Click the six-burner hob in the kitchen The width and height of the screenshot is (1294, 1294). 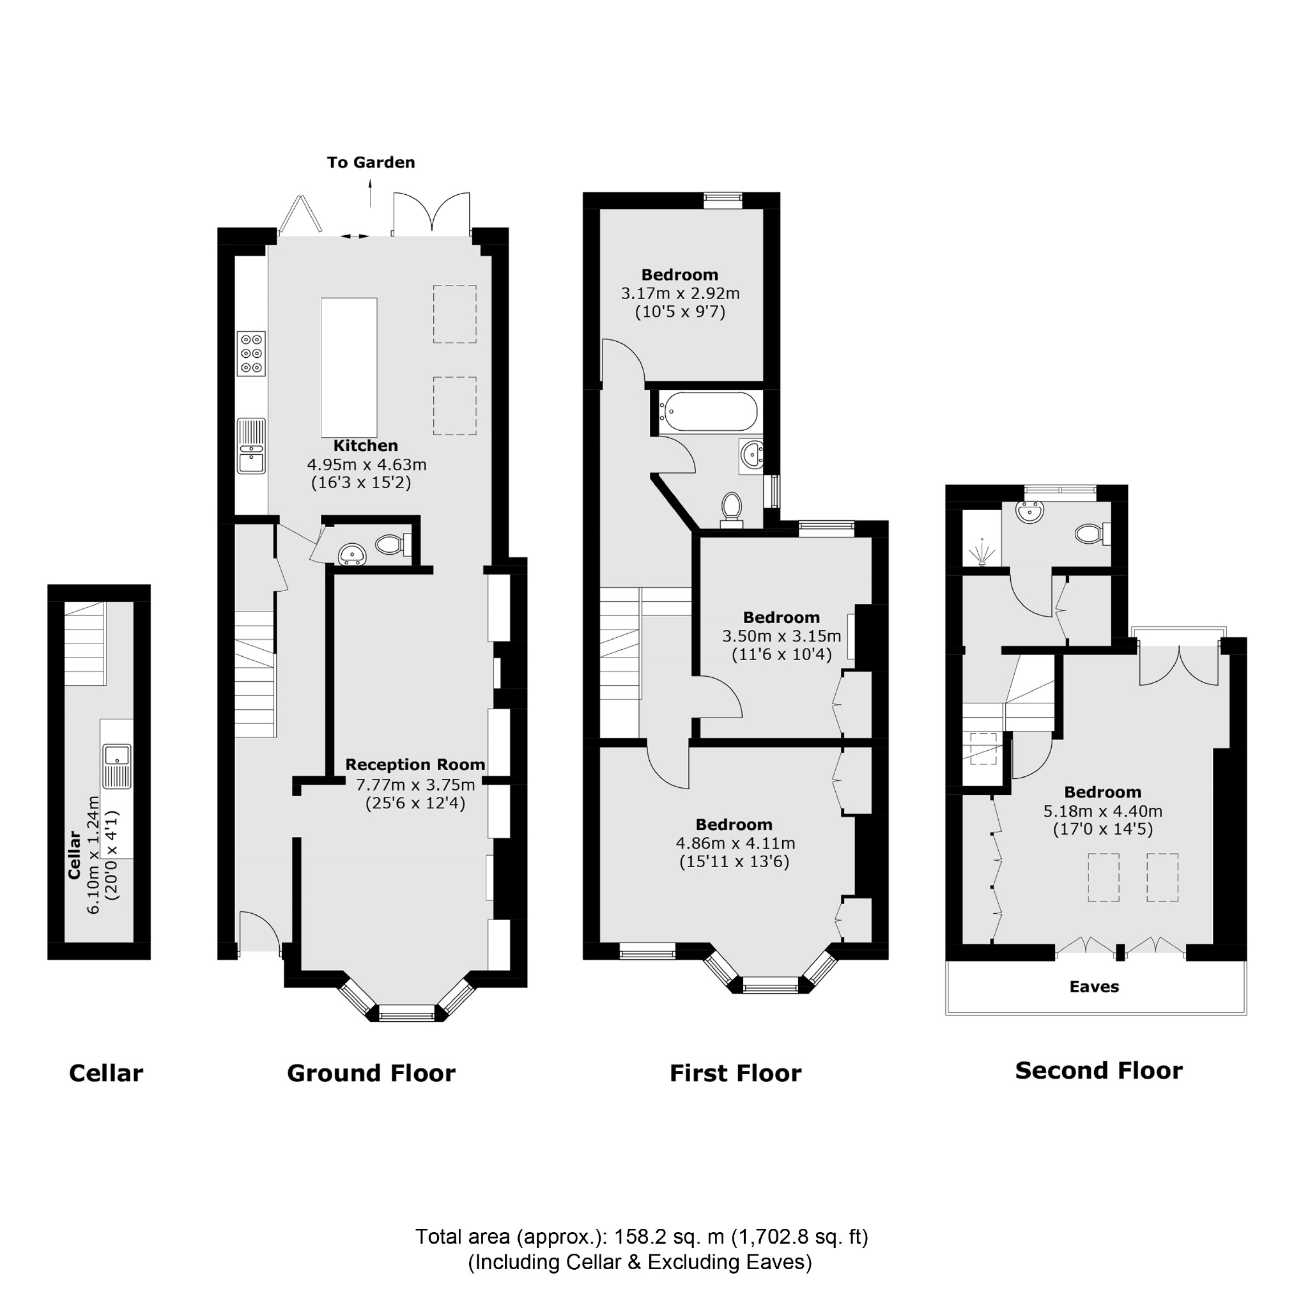[x=251, y=353]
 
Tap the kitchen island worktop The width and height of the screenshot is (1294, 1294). [x=348, y=367]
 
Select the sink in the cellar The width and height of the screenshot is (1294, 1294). [x=117, y=766]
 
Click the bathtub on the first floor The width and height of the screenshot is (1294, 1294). [x=709, y=412]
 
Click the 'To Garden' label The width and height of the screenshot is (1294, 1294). [x=371, y=162]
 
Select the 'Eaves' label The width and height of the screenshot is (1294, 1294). [x=1094, y=987]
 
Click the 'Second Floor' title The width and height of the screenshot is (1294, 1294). [x=1098, y=1070]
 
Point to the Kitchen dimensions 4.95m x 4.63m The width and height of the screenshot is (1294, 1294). [x=366, y=464]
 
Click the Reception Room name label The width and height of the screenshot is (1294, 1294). [x=415, y=764]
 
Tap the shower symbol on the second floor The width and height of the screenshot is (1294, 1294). [x=982, y=552]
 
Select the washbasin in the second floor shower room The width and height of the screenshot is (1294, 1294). [x=1029, y=512]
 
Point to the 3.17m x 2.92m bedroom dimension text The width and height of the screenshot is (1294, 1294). [x=680, y=293]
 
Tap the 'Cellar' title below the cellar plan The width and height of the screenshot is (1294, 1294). [x=106, y=1073]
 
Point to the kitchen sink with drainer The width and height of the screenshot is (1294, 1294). [x=251, y=445]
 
